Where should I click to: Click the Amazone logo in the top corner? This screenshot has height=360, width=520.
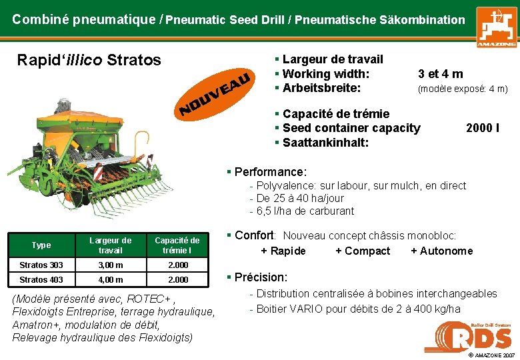pos(495,27)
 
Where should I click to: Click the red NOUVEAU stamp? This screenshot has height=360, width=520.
pos(215,92)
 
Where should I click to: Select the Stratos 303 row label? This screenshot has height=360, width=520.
pos(41,265)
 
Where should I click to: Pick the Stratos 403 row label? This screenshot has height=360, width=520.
pos(41,280)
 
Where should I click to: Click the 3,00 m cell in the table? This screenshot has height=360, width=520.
pos(110,265)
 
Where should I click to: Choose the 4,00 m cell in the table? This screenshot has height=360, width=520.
pos(110,280)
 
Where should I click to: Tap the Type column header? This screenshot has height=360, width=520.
pos(41,245)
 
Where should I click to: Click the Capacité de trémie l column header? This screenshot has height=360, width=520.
pos(177,245)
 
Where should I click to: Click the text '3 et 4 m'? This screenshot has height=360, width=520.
pos(440,74)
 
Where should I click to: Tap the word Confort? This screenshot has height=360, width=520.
pos(255,235)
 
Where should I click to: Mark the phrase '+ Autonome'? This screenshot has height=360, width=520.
pos(441,251)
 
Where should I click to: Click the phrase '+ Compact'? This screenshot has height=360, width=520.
pos(363,251)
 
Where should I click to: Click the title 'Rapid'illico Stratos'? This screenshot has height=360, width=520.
pos(89,60)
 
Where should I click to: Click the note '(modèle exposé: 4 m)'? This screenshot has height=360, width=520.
pos(463,89)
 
